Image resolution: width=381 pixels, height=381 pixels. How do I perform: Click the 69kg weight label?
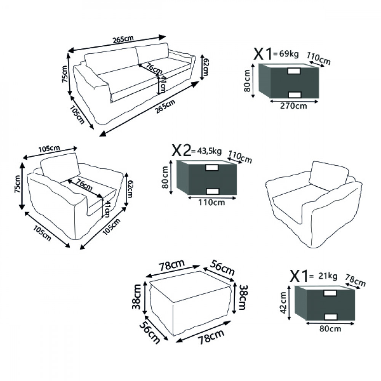click(289, 54)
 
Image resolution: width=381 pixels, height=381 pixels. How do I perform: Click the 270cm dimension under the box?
click(293, 106)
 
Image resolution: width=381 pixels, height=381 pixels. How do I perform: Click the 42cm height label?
click(283, 303)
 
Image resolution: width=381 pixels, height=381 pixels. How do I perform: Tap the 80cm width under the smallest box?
click(330, 329)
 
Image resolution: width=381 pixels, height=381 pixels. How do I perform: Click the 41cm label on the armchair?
click(106, 209)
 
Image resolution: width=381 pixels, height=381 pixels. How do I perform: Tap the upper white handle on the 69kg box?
click(294, 71)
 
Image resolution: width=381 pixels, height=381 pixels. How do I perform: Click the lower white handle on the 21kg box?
click(331, 317)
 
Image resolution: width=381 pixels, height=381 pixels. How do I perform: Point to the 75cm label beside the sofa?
click(65, 74)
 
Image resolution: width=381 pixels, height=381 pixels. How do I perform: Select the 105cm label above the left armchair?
click(49, 149)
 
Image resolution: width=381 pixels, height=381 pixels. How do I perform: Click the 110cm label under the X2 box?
click(211, 202)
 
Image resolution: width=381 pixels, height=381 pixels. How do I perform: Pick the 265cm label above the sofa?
click(123, 39)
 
